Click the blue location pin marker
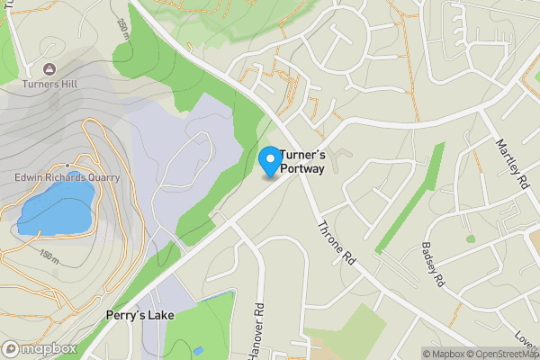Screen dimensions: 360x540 [269, 159]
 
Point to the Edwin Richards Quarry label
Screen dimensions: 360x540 [67, 177]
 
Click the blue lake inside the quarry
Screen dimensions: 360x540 [54, 204]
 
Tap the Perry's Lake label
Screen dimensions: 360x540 [139, 315]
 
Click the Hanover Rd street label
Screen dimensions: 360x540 [258, 328]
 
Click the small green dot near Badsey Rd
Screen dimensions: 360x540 [470, 238]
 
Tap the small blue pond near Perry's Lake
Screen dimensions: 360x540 [198, 350]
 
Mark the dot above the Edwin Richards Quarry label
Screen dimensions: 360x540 [67, 166]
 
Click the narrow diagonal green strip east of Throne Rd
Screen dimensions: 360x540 [409, 196]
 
